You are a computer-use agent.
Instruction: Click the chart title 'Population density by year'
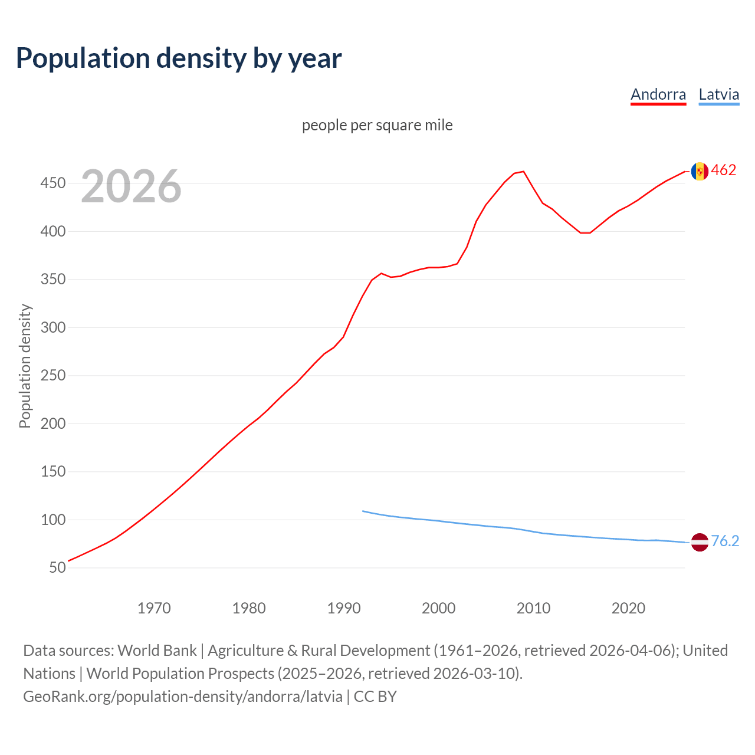click(179, 58)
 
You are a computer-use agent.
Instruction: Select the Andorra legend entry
click(658, 94)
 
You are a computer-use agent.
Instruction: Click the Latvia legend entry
click(718, 94)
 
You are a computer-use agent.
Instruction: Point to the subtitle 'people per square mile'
click(377, 125)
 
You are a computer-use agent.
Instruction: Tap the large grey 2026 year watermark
click(131, 186)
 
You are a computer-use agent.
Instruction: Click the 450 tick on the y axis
click(52, 183)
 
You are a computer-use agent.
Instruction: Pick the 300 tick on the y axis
click(52, 327)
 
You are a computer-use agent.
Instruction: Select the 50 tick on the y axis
click(57, 567)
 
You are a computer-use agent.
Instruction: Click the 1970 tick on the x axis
click(154, 608)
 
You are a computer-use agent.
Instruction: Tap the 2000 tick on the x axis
click(438, 608)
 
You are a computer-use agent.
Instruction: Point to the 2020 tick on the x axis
click(628, 608)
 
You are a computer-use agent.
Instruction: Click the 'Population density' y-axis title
click(25, 366)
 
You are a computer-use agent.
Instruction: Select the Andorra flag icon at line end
click(700, 171)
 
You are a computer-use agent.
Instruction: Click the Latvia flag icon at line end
click(700, 542)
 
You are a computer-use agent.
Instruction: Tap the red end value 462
click(724, 170)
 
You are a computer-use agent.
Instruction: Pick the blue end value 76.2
click(725, 541)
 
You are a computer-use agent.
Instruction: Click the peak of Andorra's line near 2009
click(524, 172)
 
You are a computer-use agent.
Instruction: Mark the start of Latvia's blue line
click(363, 511)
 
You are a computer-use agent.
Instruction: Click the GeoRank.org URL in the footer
click(183, 696)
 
